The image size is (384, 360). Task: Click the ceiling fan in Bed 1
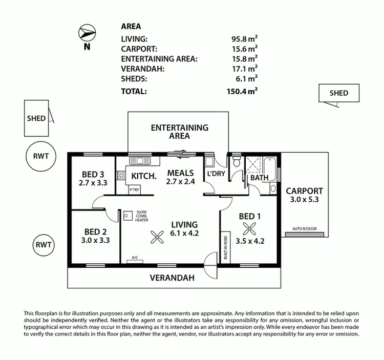(249, 228)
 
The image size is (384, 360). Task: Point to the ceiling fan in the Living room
(155, 236)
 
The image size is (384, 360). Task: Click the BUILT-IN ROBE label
(225, 248)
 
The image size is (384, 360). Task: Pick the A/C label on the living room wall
(135, 258)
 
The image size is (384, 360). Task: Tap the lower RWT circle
(44, 245)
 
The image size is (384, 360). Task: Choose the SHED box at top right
(338, 93)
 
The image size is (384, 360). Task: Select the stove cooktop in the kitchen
(121, 176)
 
